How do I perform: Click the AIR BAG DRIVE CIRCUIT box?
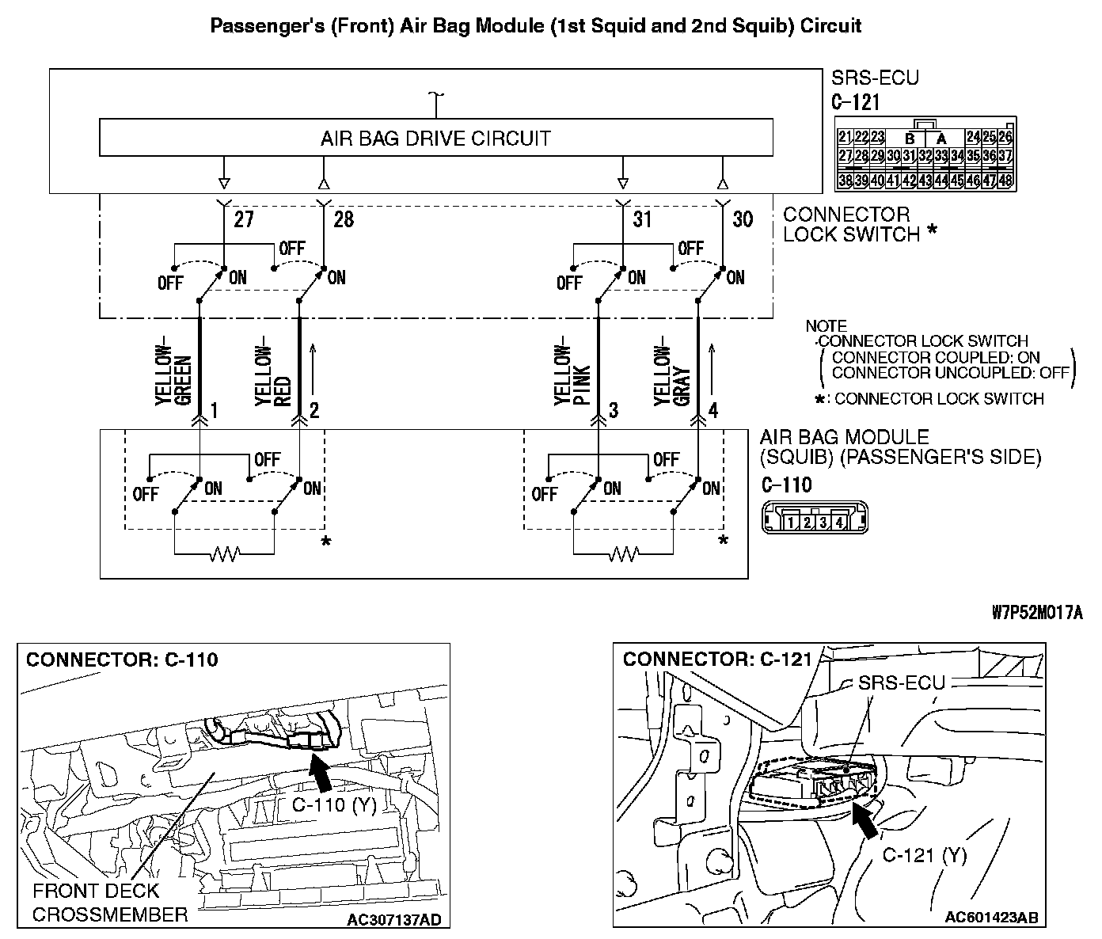[435, 139]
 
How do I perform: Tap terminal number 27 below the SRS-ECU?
[243, 219]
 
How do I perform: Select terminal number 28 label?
[344, 219]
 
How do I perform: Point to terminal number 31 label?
[642, 219]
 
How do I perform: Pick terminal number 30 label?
[743, 219]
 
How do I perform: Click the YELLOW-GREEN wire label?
[173, 375]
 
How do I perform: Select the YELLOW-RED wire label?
[274, 375]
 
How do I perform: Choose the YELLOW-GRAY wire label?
[673, 375]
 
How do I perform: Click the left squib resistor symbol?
[224, 554]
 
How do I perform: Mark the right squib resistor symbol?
[623, 554]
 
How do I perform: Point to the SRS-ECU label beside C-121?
[875, 78]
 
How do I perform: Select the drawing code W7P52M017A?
[1037, 613]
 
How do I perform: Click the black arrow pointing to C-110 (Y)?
[321, 773]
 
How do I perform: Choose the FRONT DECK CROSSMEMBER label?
[110, 903]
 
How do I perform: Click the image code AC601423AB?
[991, 918]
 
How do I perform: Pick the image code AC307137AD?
[394, 919]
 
